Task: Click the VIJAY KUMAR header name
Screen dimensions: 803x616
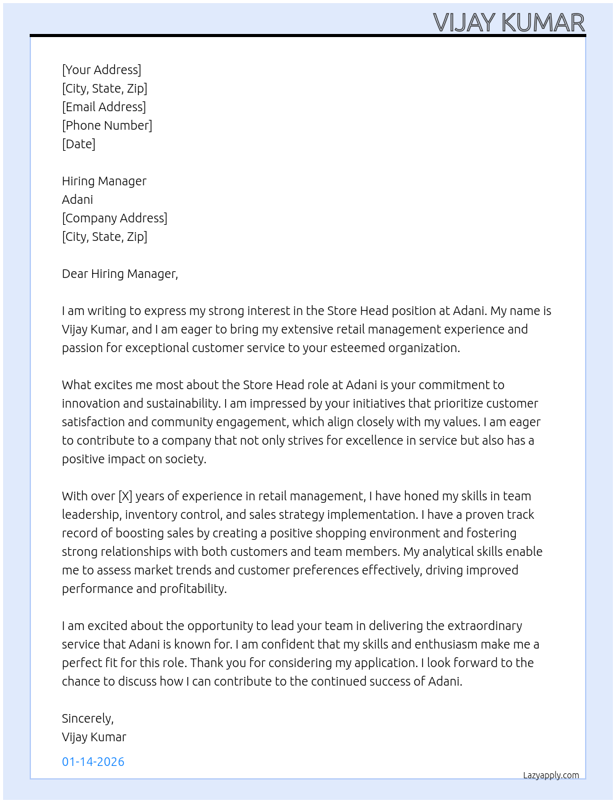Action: [508, 23]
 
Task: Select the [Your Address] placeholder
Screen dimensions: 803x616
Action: [101, 70]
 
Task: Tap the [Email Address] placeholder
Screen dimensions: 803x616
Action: [104, 107]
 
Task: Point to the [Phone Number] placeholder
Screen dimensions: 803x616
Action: [107, 125]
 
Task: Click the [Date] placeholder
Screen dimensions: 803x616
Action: [79, 144]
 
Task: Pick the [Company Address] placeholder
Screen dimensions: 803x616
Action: [114, 218]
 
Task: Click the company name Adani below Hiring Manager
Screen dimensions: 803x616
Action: [77, 200]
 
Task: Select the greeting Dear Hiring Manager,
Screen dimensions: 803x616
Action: [120, 274]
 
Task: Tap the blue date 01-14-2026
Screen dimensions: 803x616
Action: [93, 762]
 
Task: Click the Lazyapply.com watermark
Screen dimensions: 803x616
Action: [551, 775]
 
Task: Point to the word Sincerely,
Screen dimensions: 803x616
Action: [88, 718]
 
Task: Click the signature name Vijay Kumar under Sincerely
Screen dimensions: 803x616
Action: [94, 737]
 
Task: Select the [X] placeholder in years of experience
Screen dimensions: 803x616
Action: [125, 496]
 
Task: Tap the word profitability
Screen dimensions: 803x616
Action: [193, 589]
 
